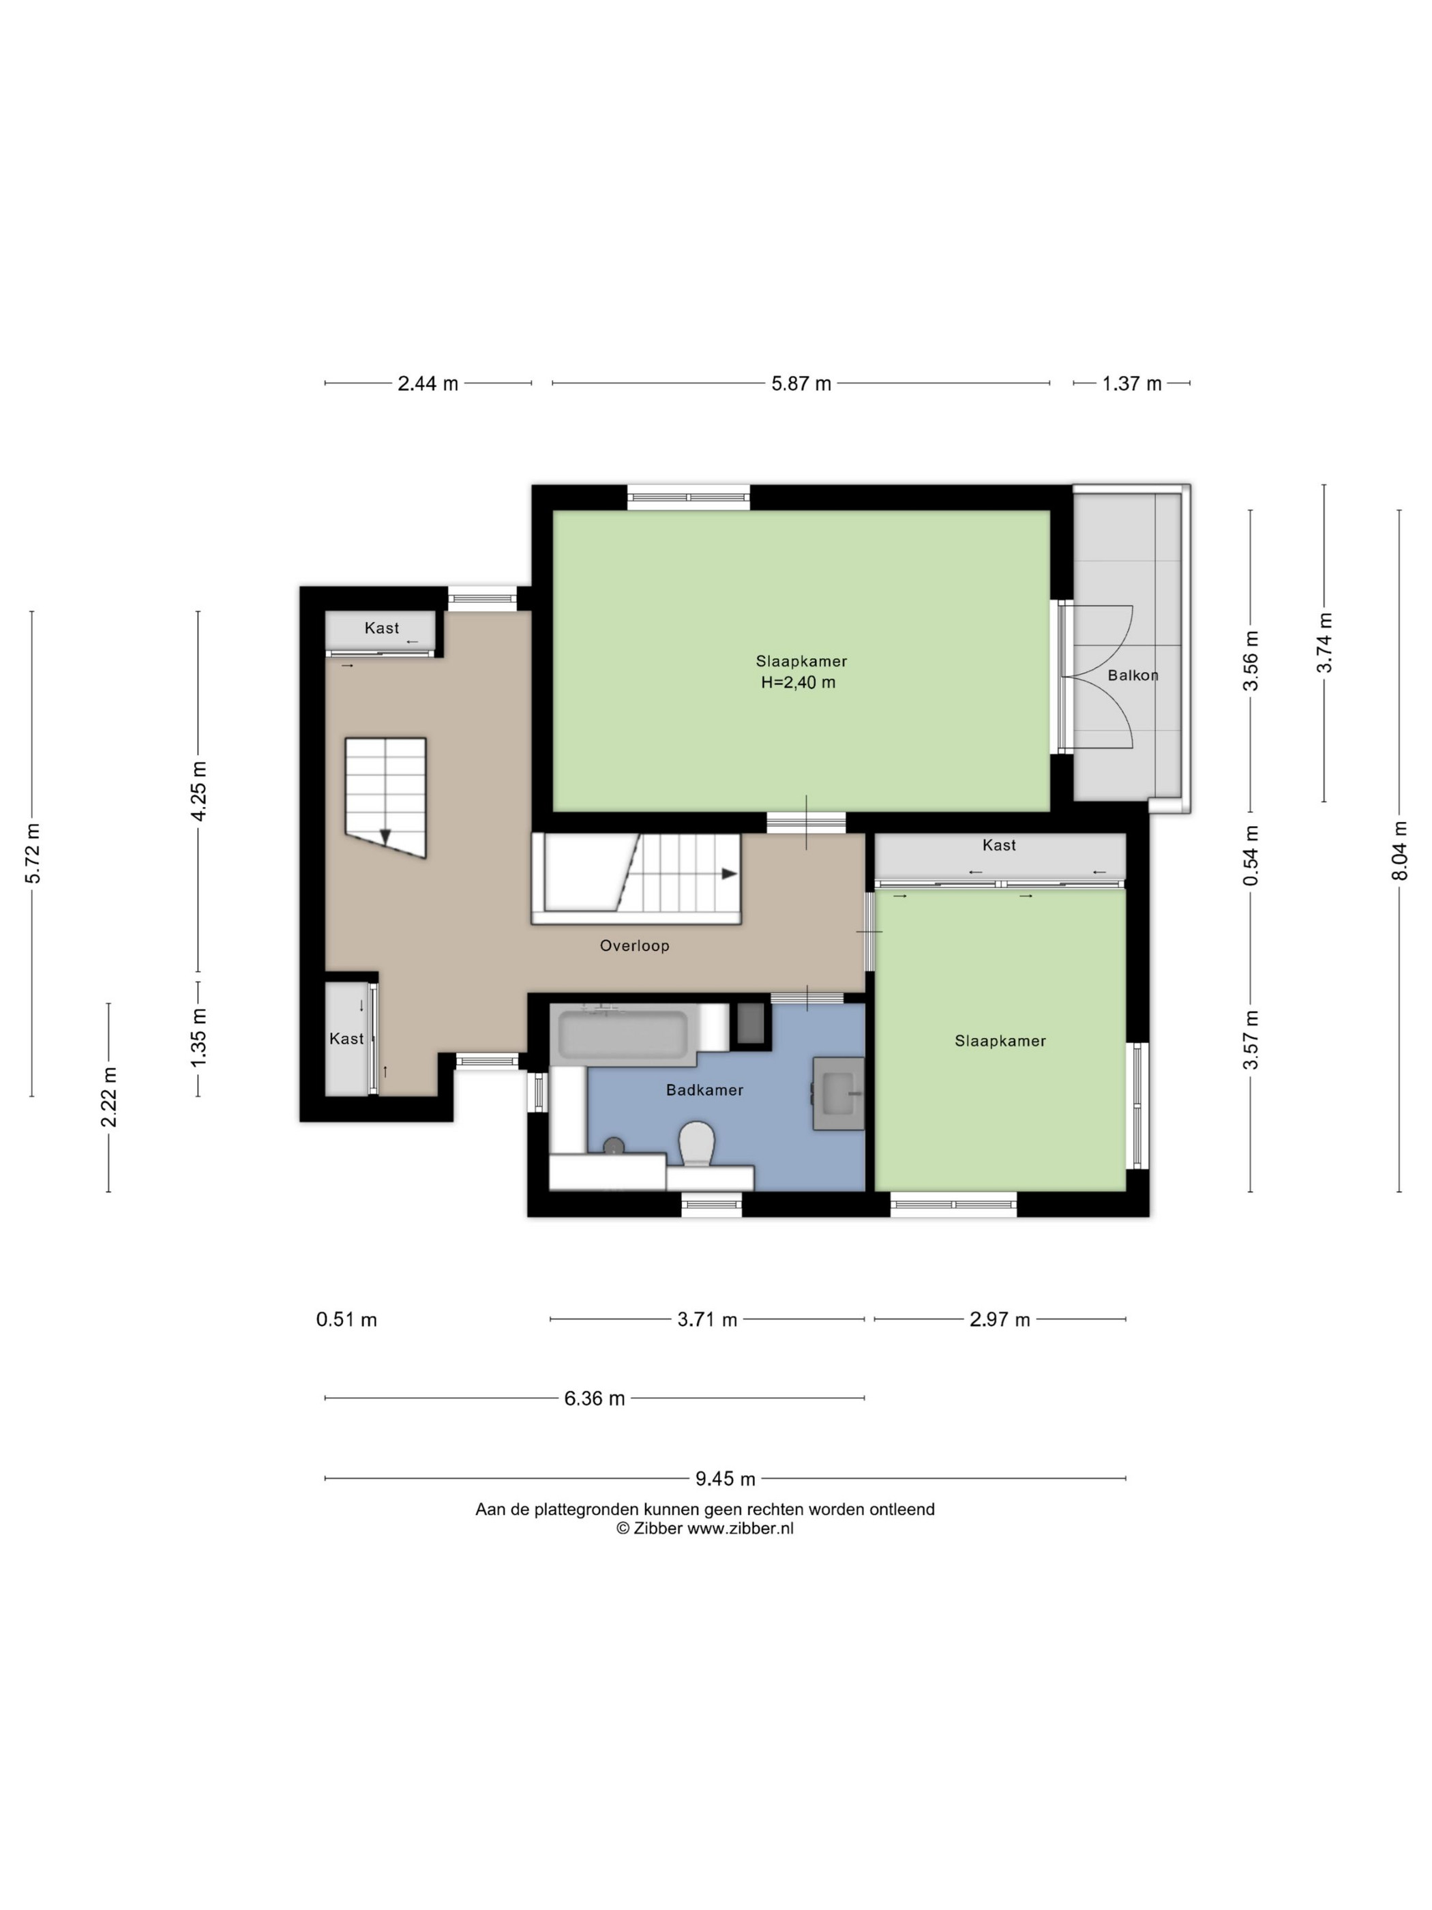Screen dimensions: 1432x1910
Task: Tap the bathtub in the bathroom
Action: tap(623, 1034)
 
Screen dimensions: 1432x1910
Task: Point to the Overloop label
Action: tap(634, 945)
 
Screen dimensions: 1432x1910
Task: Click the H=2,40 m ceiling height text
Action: tap(798, 683)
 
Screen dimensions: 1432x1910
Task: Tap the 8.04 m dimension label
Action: tap(1399, 851)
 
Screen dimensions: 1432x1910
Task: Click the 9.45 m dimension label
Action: tap(725, 1479)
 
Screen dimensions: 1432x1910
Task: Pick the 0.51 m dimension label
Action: tap(346, 1319)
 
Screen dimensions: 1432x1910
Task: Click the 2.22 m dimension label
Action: tap(108, 1098)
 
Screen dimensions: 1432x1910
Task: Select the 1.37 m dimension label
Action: tap(1131, 383)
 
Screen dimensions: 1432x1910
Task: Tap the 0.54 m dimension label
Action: tap(1251, 855)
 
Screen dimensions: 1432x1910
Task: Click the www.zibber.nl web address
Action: tap(740, 1529)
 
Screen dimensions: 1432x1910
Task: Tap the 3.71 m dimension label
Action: tap(707, 1319)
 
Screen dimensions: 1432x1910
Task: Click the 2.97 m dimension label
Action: tap(1000, 1319)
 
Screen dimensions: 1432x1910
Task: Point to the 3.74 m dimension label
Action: tap(1325, 643)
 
